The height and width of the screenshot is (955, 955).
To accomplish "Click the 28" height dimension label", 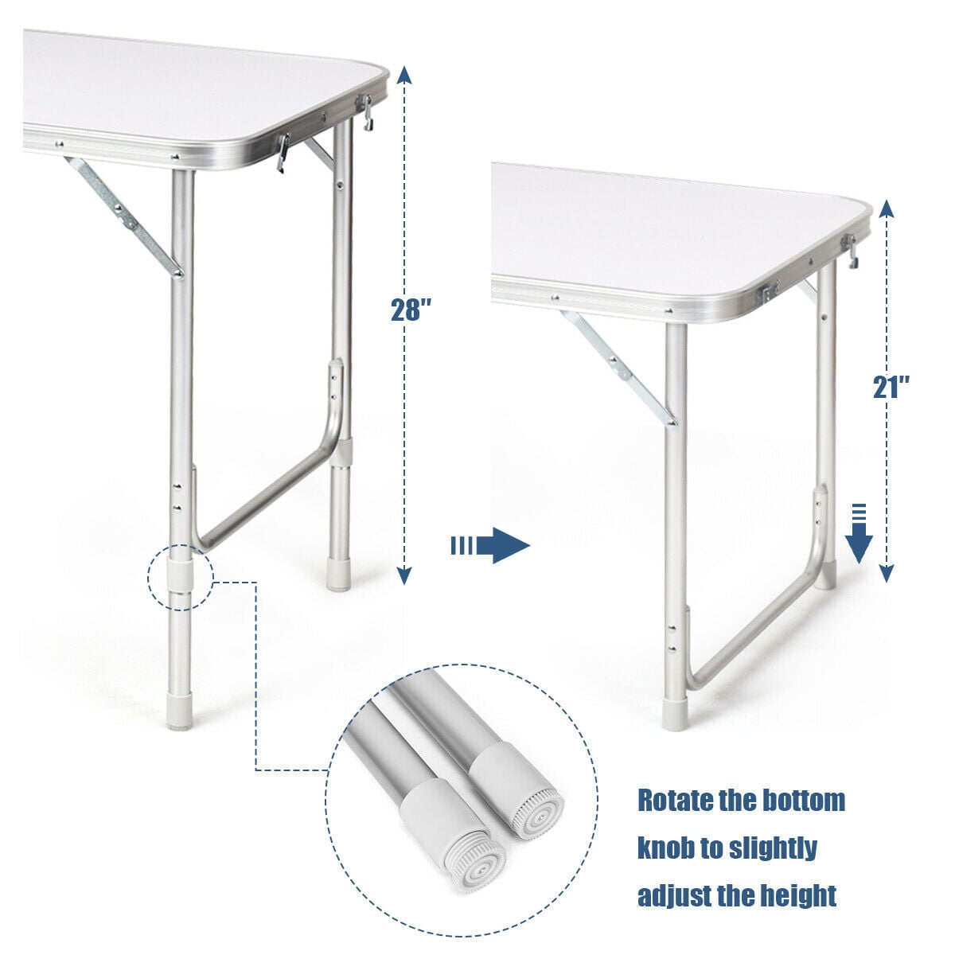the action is (x=411, y=310).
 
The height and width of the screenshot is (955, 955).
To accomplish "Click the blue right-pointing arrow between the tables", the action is (x=489, y=546).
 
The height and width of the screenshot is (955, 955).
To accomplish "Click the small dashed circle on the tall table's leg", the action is (x=181, y=577).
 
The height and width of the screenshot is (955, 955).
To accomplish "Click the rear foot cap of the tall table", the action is (x=339, y=575).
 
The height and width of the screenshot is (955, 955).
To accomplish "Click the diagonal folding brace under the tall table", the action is (x=123, y=217).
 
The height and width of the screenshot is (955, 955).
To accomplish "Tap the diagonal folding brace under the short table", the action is (x=619, y=367).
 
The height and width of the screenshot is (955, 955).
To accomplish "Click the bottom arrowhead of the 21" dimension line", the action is (x=887, y=573).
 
